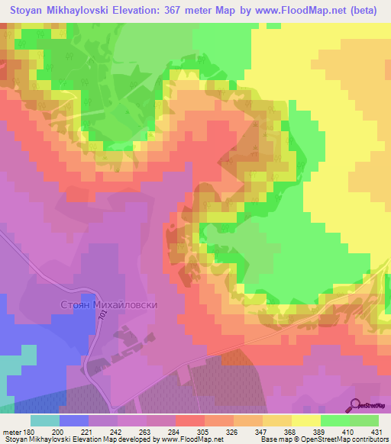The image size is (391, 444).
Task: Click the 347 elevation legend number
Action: tap(260, 431)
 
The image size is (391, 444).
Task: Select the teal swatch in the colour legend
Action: tap(45, 420)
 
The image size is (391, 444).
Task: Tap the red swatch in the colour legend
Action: tap(189, 420)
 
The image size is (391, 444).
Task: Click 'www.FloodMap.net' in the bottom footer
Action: tap(189, 439)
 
